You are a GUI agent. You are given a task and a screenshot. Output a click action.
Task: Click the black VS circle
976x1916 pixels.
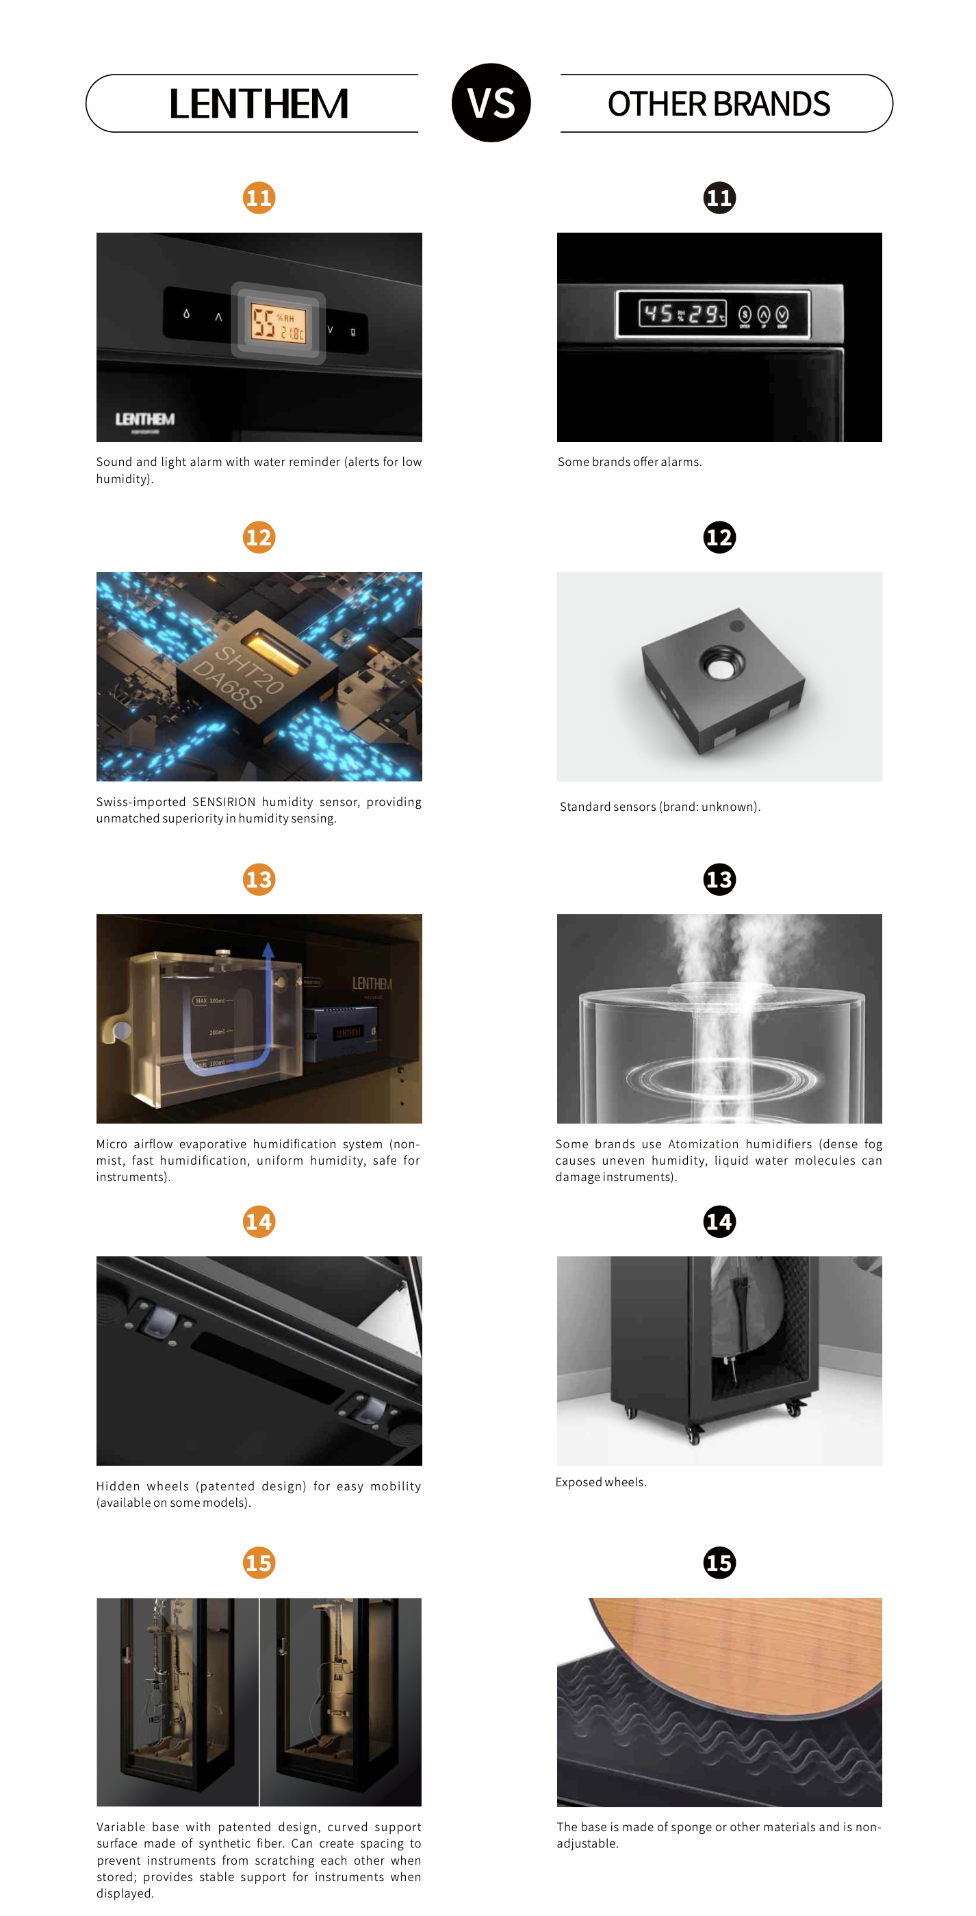click(491, 103)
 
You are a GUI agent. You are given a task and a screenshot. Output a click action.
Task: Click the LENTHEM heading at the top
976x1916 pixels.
click(258, 103)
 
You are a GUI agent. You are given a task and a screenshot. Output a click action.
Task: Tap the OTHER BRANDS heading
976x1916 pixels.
click(719, 104)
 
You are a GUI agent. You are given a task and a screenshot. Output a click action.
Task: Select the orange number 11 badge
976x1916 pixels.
click(259, 198)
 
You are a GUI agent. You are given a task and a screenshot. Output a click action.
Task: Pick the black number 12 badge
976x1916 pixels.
click(719, 537)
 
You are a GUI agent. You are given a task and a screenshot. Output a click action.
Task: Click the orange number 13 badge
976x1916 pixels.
click(259, 879)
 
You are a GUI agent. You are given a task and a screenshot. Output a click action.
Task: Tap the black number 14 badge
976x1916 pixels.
click(719, 1221)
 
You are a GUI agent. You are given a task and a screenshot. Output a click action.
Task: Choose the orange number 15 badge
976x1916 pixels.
click(259, 1563)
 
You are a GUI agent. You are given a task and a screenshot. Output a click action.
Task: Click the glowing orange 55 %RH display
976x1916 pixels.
click(277, 323)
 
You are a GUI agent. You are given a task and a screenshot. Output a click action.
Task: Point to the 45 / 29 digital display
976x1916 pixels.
click(682, 314)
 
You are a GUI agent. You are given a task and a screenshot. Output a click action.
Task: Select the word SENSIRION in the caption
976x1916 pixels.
click(224, 802)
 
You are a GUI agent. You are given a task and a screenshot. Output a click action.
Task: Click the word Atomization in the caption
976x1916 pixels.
click(703, 1144)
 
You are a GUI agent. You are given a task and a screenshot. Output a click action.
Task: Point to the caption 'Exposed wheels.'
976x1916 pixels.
click(601, 1481)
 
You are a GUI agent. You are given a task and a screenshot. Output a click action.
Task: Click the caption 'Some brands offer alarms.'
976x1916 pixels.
click(630, 462)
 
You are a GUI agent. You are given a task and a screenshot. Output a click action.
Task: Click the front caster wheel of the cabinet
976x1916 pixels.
click(693, 1432)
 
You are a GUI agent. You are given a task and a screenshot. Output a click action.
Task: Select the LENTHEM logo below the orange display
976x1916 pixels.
click(145, 419)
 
